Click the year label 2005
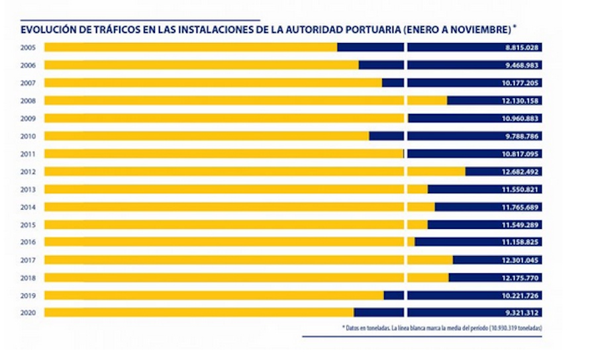28,48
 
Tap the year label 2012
28,171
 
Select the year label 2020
28,312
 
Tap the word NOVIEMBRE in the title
484,30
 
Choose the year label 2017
28,259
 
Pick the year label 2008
28,101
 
